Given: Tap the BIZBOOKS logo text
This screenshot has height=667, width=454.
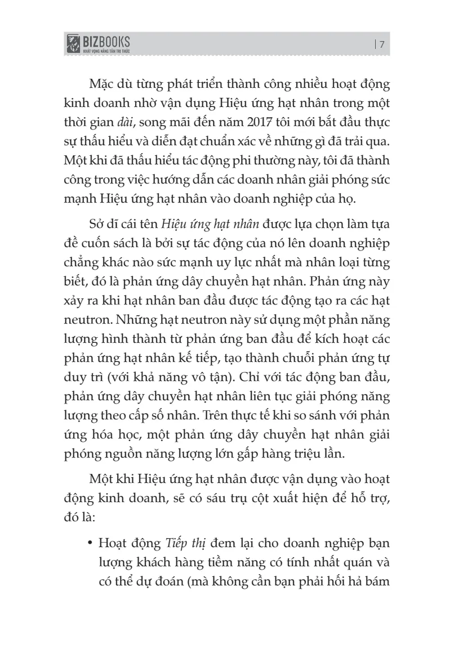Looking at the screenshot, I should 106,41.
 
